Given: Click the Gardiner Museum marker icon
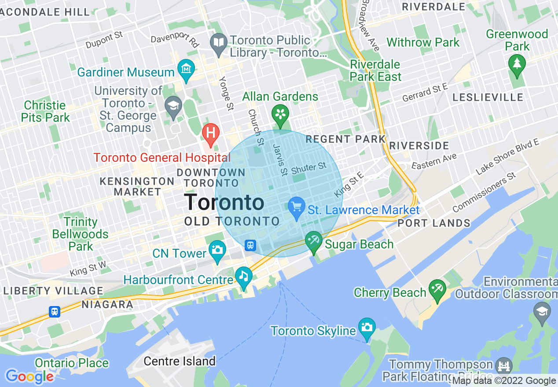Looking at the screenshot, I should pos(186,69).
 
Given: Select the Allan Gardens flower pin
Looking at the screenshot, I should pos(280,114).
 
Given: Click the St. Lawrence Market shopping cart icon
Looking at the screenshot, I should pos(296,206).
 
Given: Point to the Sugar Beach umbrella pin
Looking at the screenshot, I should pos(314,241).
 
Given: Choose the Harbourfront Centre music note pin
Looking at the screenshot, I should pos(243,277).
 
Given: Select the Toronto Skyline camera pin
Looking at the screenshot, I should pos(367,327).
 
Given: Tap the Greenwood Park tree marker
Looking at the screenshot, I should pos(517,63).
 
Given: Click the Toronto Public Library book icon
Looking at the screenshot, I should pos(219,43).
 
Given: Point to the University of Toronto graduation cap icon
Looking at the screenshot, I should pos(173,106).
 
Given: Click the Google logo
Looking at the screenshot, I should pos(29,376).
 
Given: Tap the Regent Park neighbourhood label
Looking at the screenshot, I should pos(345,139).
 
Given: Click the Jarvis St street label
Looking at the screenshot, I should pos(280,159).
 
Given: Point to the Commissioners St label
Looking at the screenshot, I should pos(484,193).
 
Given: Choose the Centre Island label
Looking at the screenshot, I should pos(180,361).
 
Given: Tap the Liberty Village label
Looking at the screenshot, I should pos(53,291).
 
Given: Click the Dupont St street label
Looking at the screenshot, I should pos(104,40).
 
